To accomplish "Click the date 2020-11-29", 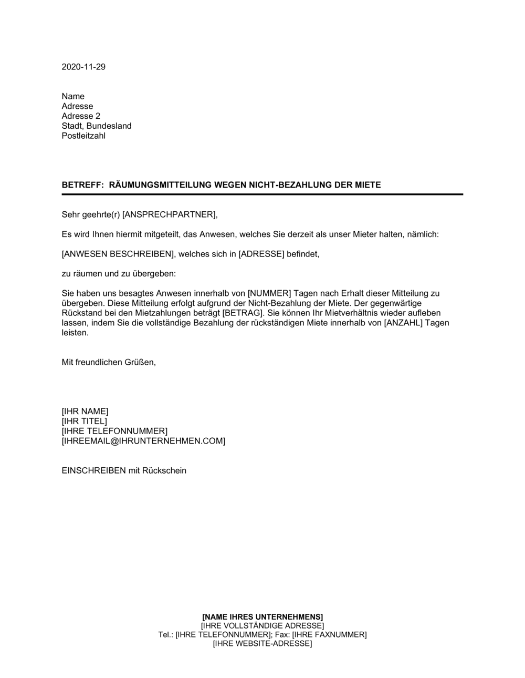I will click(83, 67).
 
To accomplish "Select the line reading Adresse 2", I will click(81, 116).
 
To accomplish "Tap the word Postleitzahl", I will click(83, 136).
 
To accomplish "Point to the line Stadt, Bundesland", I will click(97, 126).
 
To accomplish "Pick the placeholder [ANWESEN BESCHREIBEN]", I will click(118, 254).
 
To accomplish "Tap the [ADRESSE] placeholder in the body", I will click(261, 254).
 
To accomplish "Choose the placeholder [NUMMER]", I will click(269, 293).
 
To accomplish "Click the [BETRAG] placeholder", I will click(241, 313).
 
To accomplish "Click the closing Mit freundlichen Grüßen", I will click(109, 363).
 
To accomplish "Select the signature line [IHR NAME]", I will click(85, 412).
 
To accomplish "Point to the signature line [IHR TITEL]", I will click(84, 422).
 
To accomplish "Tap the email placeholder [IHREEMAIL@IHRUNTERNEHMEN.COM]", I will click(143, 441).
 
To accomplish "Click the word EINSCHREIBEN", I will click(93, 471).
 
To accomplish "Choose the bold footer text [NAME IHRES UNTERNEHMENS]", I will click(262, 617).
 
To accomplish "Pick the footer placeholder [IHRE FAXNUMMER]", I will click(329, 634).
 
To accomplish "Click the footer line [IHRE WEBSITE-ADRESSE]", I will click(262, 644).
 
